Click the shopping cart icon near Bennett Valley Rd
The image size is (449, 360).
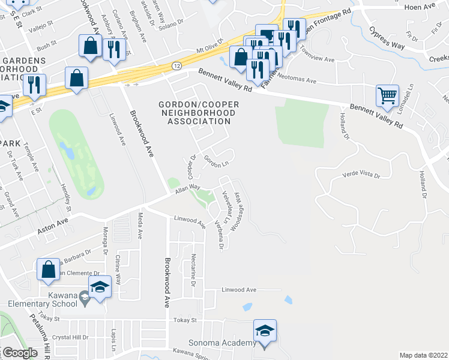(387, 95)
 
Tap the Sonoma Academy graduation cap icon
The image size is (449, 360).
(264, 330)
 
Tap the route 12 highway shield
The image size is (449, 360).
(175, 65)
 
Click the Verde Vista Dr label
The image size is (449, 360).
(361, 175)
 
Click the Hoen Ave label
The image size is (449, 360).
(433, 7)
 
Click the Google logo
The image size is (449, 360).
(19, 353)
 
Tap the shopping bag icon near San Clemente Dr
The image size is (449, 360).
(48, 269)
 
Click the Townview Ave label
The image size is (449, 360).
(317, 55)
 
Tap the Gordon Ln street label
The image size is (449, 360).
(217, 161)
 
